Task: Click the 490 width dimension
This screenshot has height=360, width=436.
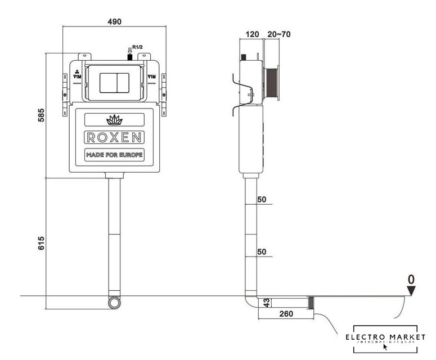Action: coord(114,21)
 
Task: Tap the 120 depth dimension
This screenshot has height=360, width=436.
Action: coord(253,34)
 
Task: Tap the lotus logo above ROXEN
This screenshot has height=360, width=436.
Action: coord(115,119)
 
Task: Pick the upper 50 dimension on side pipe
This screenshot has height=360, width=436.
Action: coord(261,200)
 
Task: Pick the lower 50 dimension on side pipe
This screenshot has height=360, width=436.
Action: coord(261,252)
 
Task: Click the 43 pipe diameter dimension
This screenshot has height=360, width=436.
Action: coord(268,303)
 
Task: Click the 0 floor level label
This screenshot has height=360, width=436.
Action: coord(411,278)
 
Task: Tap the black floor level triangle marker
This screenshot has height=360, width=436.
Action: coord(411,290)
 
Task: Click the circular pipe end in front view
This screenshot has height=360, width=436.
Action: coord(115,303)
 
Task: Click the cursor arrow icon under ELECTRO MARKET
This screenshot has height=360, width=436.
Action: coord(385,346)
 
